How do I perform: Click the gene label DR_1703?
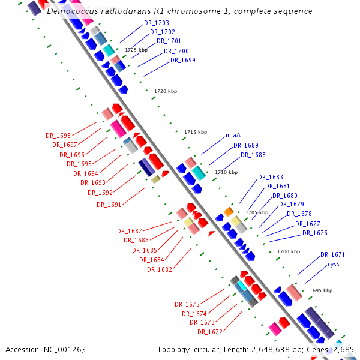tap(157, 23)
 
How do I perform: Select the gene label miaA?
tap(233, 135)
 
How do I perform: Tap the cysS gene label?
tap(334, 264)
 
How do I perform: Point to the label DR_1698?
tap(58, 136)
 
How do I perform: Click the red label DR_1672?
tap(210, 332)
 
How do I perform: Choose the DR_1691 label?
tap(109, 205)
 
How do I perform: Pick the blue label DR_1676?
tap(314, 233)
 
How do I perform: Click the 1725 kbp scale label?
tap(136, 50)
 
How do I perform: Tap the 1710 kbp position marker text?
tap(226, 172)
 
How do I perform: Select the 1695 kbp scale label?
tap(321, 290)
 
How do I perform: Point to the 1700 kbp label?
tap(289, 251)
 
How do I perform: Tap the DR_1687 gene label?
tap(130, 231)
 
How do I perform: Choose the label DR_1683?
tap(271, 177)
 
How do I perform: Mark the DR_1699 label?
tap(182, 60)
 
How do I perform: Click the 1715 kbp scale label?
tap(195, 132)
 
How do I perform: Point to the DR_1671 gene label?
tap(332, 254)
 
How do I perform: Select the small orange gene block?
tap(229, 211)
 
